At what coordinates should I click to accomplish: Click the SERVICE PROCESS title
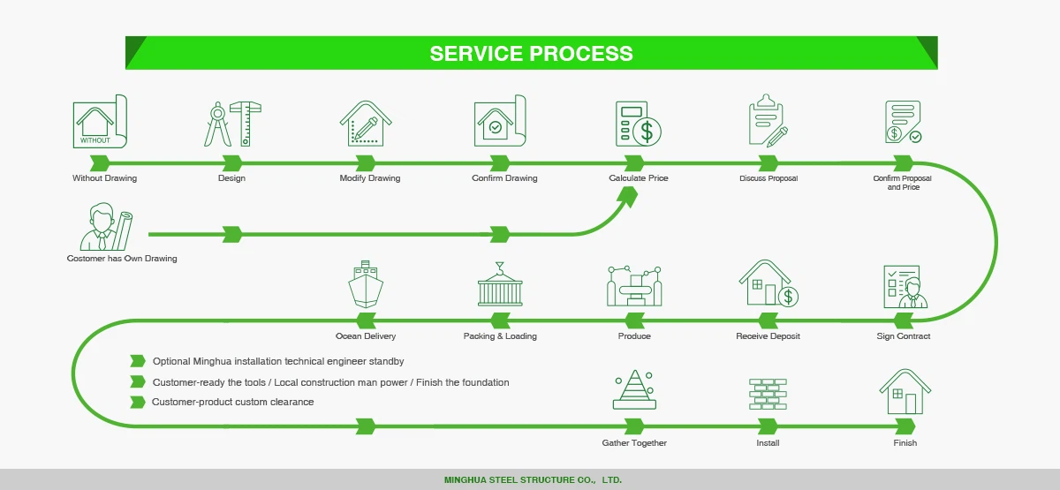point(531,53)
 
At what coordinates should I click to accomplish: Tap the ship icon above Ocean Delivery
point(366,285)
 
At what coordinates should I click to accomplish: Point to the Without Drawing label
point(104,178)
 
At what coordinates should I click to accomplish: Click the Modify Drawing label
point(369,178)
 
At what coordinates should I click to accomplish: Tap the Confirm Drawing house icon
point(500,122)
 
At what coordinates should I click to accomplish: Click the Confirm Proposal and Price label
point(902,183)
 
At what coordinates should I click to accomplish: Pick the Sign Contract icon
point(905,286)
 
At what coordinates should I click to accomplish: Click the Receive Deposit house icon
point(767,283)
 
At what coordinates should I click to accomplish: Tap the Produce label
point(634,336)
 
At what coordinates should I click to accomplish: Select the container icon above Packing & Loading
point(500,285)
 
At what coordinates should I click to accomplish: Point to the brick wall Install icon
point(768,394)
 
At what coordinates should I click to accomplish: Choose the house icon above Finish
point(905,392)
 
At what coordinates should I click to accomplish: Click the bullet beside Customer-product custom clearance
point(137,403)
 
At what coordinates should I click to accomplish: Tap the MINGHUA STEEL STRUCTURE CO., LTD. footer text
point(533,480)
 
